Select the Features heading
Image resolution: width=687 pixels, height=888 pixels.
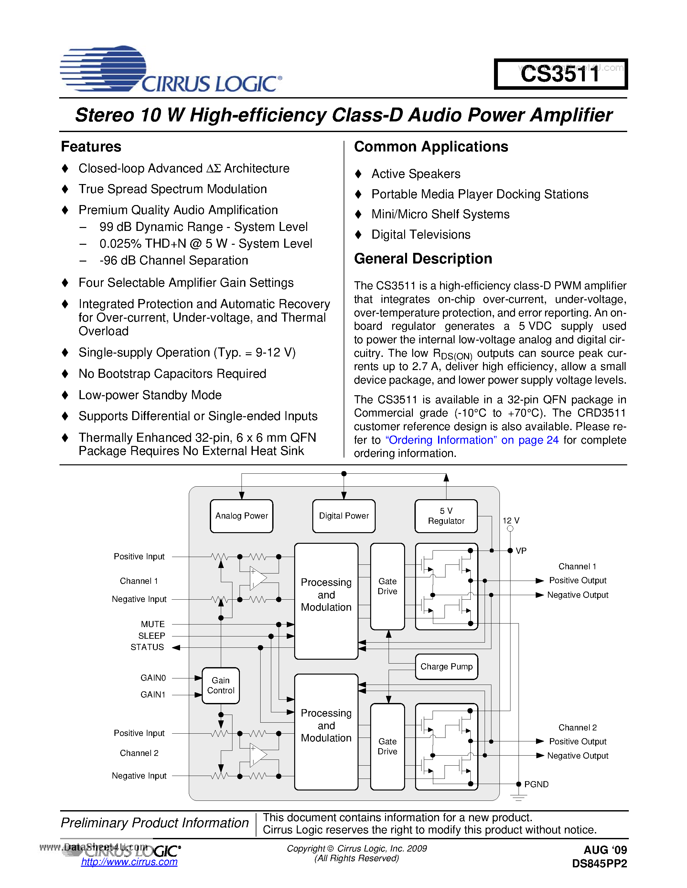[x=91, y=146]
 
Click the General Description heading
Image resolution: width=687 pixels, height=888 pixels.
[x=423, y=259]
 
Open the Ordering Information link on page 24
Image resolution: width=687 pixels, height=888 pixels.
[x=472, y=440]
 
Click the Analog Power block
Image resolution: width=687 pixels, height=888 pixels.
[x=242, y=516]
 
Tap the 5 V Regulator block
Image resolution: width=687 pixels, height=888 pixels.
[x=446, y=516]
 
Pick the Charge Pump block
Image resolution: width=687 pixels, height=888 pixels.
[x=446, y=666]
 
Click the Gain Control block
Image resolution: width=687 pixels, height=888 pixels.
[x=220, y=685]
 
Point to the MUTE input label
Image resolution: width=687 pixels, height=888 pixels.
[x=153, y=624]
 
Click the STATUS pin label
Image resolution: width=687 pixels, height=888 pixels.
[x=147, y=647]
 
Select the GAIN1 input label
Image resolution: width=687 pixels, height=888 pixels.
[x=153, y=695]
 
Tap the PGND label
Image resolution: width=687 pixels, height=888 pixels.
[x=536, y=784]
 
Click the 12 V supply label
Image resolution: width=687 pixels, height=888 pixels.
[x=511, y=521]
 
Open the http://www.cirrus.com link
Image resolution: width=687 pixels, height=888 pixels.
[x=129, y=862]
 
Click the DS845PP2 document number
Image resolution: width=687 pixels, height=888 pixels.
[x=599, y=863]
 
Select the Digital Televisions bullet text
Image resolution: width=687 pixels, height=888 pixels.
[x=421, y=235]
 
